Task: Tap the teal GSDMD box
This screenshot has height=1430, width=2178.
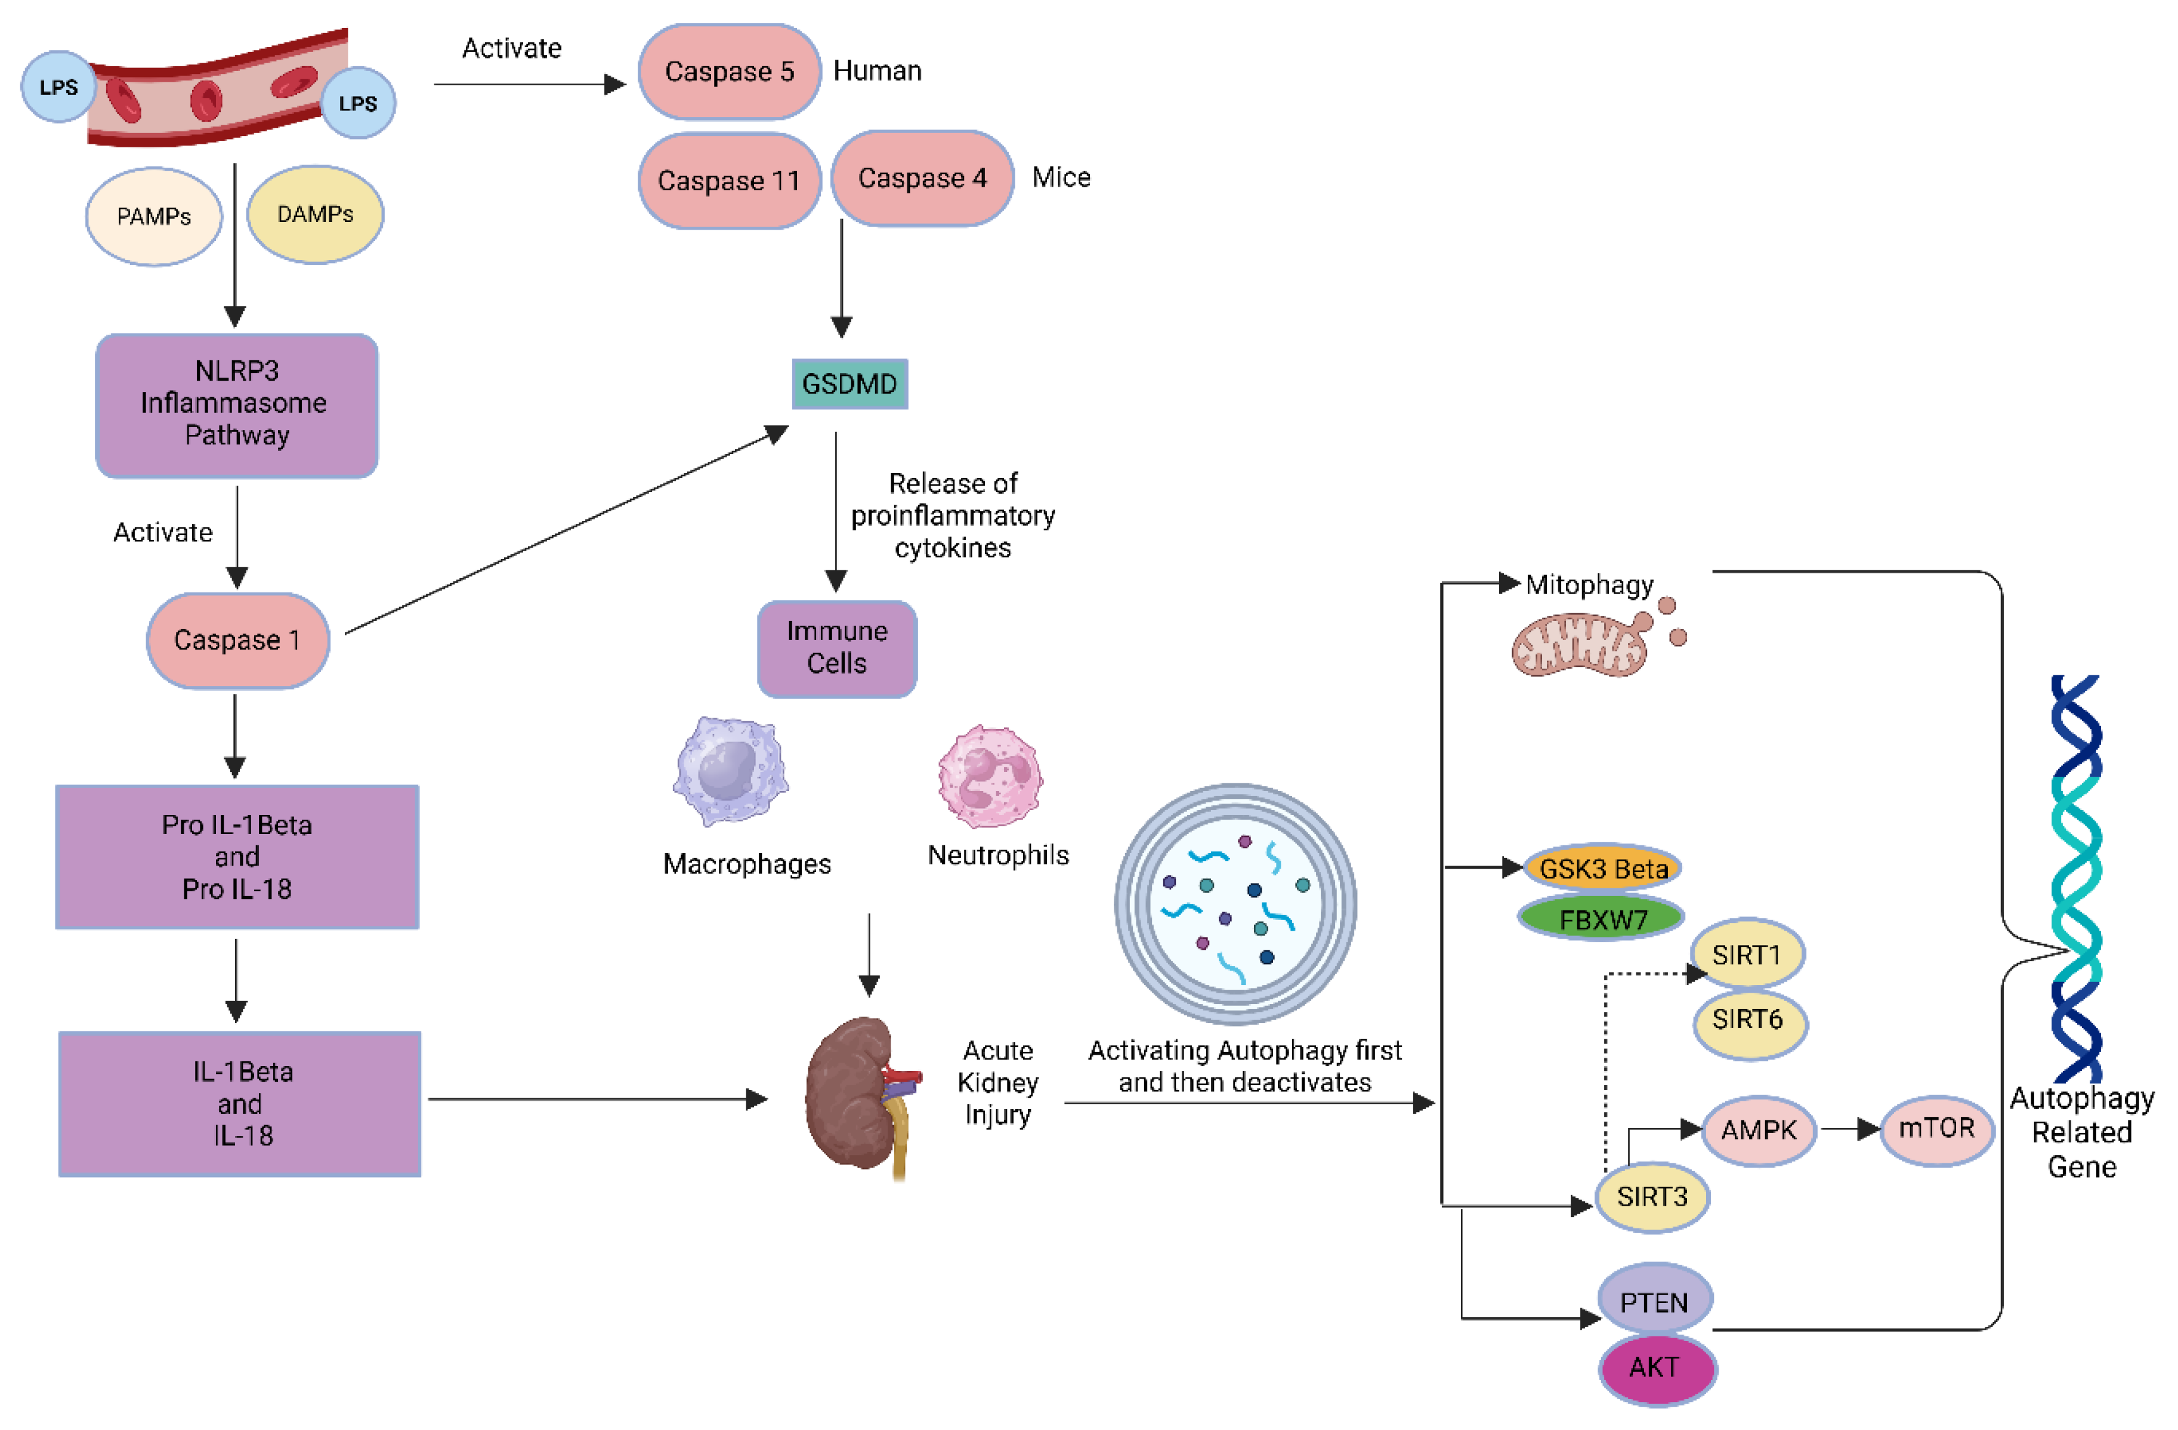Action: click(x=849, y=384)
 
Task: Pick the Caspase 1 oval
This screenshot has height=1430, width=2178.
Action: click(x=237, y=640)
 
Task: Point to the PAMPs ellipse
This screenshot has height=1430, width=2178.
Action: click(x=154, y=216)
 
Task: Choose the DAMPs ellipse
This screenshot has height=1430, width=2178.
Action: click(x=315, y=214)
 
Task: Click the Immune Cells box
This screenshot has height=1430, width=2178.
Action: click(x=836, y=648)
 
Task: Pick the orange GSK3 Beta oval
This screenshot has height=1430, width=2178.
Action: click(x=1602, y=867)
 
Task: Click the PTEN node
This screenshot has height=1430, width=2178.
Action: click(x=1655, y=1301)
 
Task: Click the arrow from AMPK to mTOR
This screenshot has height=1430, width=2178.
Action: click(x=1849, y=1129)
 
